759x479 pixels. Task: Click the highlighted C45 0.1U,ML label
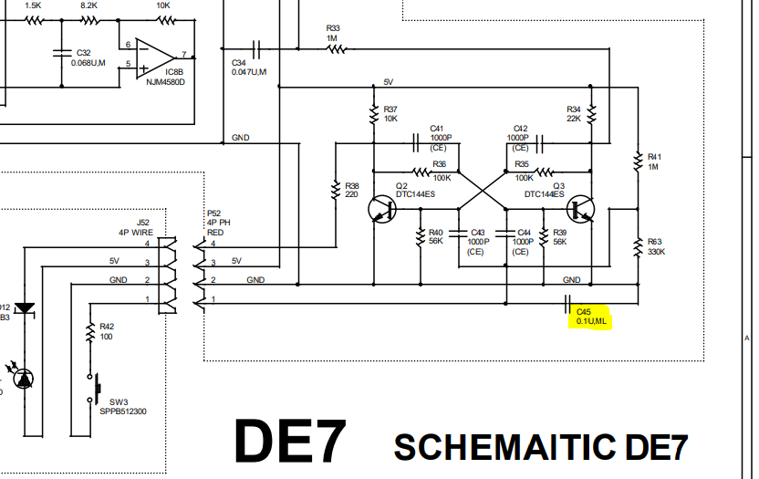click(591, 317)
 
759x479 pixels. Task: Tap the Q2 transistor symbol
click(383, 210)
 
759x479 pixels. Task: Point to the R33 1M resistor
click(334, 49)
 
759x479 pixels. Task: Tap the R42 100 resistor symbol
click(89, 334)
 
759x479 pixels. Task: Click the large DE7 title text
click(290, 443)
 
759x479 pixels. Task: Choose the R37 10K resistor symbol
click(373, 114)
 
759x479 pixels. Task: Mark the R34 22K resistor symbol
click(591, 114)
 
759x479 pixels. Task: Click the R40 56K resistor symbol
click(421, 239)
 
